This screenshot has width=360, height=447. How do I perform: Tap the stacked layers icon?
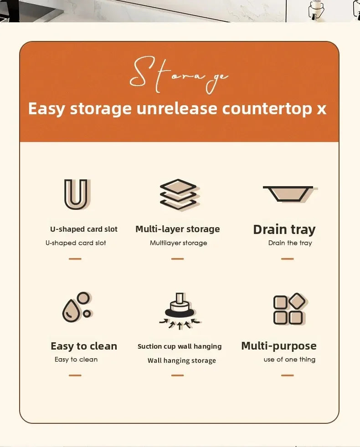coord(179,194)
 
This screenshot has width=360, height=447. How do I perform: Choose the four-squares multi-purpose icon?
coord(289,309)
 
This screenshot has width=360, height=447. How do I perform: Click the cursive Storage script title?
coord(179,75)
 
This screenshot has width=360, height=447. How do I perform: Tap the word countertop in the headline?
coord(267,109)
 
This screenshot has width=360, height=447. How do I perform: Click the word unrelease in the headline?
coord(177,109)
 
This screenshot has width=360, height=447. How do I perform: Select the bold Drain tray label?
coord(284,229)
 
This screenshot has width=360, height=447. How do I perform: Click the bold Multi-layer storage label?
coord(178,229)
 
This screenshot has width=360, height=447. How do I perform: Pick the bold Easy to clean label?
coord(84,346)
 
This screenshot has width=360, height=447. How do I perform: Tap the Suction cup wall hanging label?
coord(180,346)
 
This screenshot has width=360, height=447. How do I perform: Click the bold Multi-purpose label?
coord(279,346)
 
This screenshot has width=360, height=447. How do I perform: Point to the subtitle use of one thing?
coord(289,360)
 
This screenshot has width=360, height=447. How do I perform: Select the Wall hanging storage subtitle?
coord(181,361)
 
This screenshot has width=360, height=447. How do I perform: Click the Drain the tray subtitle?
coord(290,243)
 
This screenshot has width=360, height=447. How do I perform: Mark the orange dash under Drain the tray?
coord(288,259)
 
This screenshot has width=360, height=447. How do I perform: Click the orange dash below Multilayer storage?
coord(178,259)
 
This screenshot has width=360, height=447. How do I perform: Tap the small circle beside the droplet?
coord(87,314)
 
